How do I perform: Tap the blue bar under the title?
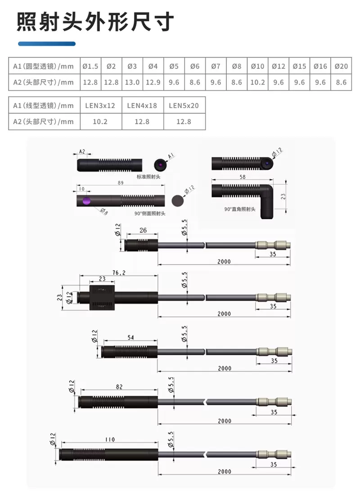(47, 44)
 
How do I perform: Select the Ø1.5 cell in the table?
(90, 66)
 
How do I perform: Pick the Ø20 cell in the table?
(341, 66)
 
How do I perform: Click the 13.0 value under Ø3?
(132, 82)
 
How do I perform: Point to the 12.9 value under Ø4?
(153, 82)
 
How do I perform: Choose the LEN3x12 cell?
(100, 106)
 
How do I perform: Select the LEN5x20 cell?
(184, 106)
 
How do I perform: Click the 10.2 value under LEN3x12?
(100, 122)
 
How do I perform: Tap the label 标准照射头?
(148, 177)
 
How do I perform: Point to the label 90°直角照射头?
(239, 209)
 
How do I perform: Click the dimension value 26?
(143, 230)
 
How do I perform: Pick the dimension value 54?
(131, 337)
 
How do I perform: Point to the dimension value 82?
(119, 386)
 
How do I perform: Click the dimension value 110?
(109, 439)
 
